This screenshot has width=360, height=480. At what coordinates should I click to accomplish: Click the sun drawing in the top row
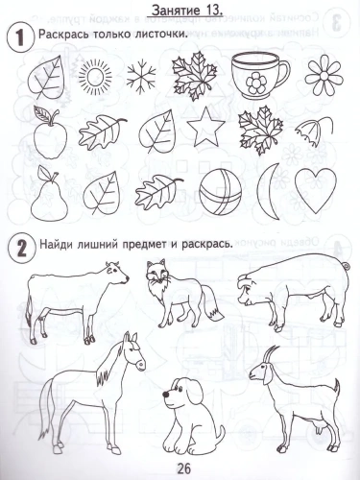95,76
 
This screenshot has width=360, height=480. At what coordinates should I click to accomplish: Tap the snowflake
141,75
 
